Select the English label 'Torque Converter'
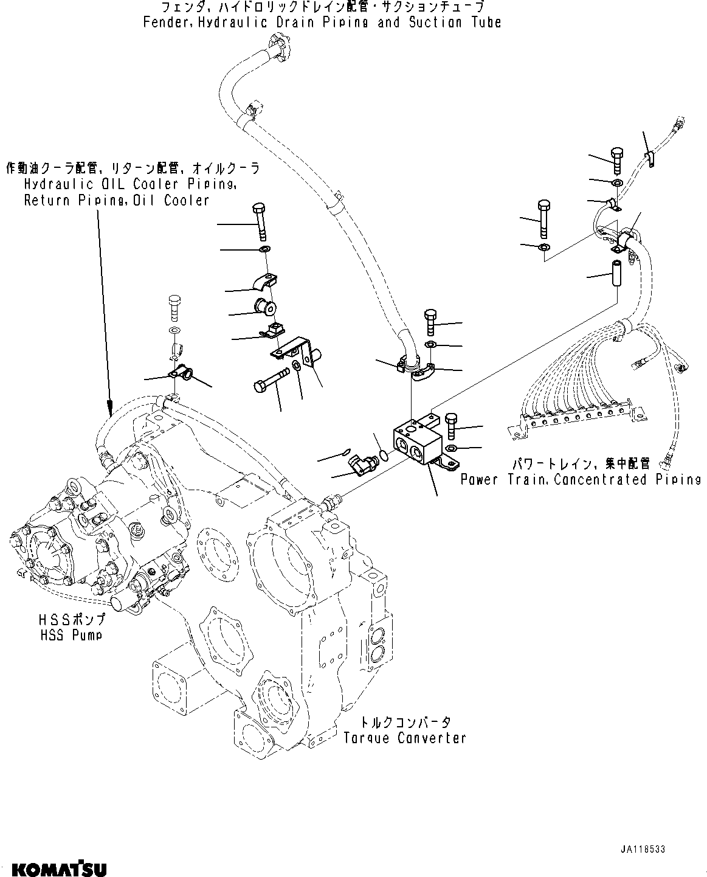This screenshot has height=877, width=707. click(x=404, y=738)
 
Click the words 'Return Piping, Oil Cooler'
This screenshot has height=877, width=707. click(x=116, y=201)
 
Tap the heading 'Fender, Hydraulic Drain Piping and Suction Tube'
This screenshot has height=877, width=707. click(x=322, y=23)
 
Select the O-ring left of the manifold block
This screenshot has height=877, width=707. click(x=383, y=454)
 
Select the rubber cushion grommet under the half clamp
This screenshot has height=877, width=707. click(x=267, y=305)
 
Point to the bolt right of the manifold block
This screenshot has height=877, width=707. click(x=450, y=426)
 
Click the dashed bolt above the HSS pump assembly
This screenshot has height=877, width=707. click(x=174, y=307)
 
